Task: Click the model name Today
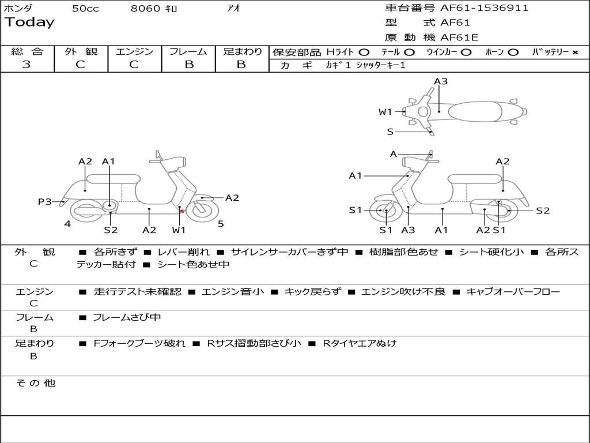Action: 29,22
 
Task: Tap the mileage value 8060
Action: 145,9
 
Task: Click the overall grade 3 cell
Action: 27,65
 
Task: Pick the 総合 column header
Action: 27,52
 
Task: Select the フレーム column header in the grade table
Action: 188,52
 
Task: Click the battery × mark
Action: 574,52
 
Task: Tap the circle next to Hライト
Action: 364,52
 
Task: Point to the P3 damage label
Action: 44,201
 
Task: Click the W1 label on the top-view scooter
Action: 385,112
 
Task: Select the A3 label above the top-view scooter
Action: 441,81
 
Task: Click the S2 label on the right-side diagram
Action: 543,211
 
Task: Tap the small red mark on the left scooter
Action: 182,212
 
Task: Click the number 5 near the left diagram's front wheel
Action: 221,224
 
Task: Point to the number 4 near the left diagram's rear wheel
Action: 67,224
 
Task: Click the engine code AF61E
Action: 459,38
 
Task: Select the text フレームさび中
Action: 127,317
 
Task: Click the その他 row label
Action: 35,383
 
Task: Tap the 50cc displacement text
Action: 85,9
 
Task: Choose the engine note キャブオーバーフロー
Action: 513,292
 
